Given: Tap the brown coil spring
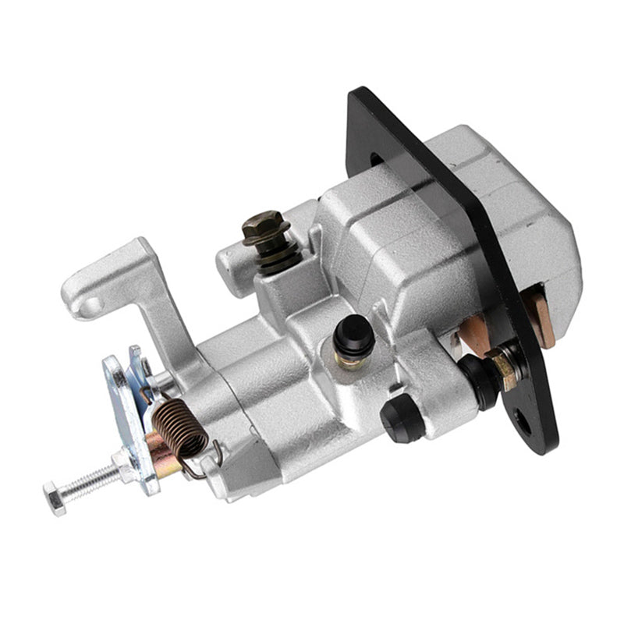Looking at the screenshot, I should pos(179,425).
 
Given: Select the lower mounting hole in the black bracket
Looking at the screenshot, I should pos(524,424).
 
